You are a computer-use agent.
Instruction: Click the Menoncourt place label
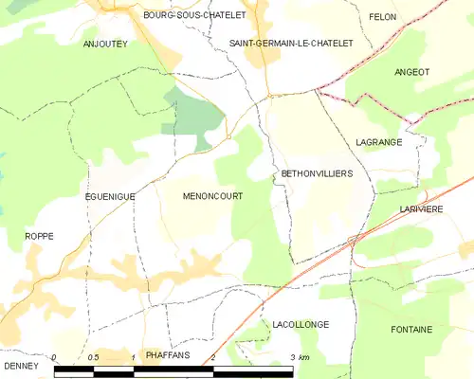click(212, 196)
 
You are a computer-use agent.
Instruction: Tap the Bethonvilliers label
click(317, 174)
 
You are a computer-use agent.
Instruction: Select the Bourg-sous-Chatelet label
click(194, 16)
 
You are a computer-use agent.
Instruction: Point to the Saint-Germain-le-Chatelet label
click(292, 44)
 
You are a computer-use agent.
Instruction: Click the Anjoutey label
click(104, 45)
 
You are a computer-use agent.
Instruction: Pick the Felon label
click(383, 17)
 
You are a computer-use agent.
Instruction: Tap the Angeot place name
click(412, 72)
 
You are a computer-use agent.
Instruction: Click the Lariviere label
click(422, 209)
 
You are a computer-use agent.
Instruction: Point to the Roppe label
click(39, 236)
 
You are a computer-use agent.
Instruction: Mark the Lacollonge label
click(300, 324)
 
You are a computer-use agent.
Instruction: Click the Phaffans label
click(167, 355)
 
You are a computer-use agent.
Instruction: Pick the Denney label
click(20, 365)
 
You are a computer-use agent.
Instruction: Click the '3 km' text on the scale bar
click(299, 357)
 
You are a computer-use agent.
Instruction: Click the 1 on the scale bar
click(134, 357)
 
